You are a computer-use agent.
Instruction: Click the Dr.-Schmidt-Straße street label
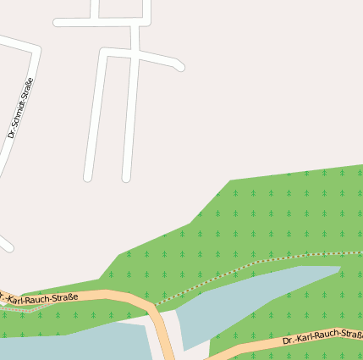click(x=20, y=108)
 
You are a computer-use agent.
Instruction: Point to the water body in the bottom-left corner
click(x=68, y=346)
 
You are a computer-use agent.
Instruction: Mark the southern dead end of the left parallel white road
click(x=87, y=177)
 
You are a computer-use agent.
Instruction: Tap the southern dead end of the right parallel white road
click(x=126, y=177)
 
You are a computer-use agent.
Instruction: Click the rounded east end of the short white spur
click(x=180, y=67)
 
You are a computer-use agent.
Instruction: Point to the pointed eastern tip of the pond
click(x=339, y=269)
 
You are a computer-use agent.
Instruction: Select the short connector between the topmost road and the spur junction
click(x=135, y=36)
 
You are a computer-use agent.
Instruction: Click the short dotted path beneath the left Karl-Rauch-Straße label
click(x=21, y=310)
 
